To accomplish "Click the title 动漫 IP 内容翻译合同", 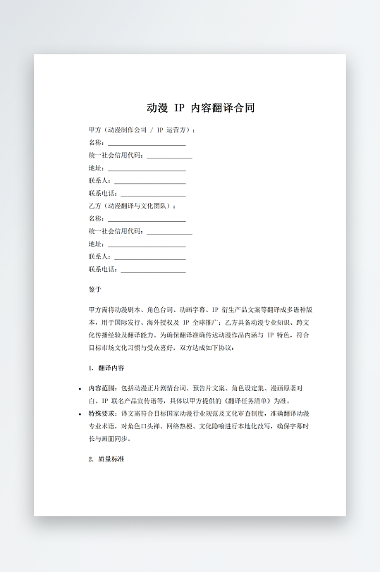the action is click(x=200, y=108).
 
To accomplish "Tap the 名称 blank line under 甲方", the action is click(x=147, y=143).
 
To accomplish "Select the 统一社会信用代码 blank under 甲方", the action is click(x=169, y=156).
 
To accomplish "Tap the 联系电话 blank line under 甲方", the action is click(x=154, y=194).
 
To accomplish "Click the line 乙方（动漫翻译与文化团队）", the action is click(x=133, y=206).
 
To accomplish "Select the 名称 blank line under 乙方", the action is click(x=147, y=219).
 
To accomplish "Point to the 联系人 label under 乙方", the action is click(x=99, y=257).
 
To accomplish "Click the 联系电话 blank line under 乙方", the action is click(x=154, y=270).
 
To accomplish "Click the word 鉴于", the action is click(x=95, y=290).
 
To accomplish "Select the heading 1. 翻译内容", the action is click(x=107, y=368).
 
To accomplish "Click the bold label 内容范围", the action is click(x=103, y=388).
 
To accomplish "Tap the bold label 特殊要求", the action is click(x=103, y=414).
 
